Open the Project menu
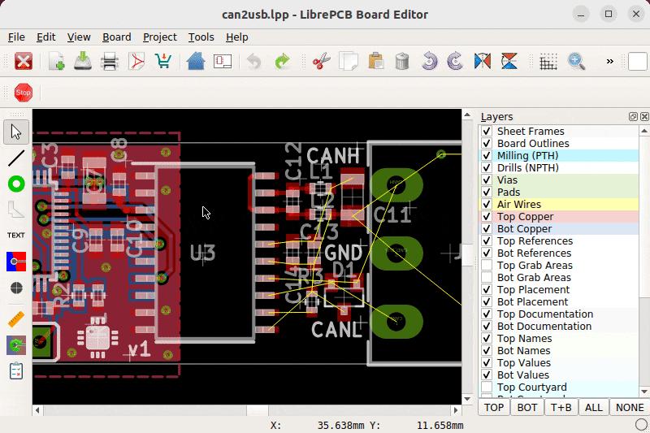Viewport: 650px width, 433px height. click(159, 37)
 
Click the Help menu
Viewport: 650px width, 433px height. click(236, 37)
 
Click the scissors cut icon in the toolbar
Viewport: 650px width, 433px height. click(322, 62)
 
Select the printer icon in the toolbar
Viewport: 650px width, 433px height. click(110, 62)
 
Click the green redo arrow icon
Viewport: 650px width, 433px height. click(282, 62)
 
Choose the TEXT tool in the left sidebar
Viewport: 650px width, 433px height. click(16, 235)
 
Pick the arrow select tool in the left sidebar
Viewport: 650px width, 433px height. click(16, 132)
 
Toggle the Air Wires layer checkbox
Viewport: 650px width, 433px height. click(487, 205)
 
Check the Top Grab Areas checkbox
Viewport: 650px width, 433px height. click(487, 266)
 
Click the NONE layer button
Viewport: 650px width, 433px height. click(630, 407)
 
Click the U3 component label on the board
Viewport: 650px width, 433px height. click(202, 253)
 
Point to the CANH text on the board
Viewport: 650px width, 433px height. click(333, 154)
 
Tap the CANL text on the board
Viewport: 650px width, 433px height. click(336, 330)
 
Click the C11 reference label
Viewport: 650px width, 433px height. click(392, 215)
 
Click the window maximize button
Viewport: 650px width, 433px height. click(609, 14)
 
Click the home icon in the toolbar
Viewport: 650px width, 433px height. click(195, 62)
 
